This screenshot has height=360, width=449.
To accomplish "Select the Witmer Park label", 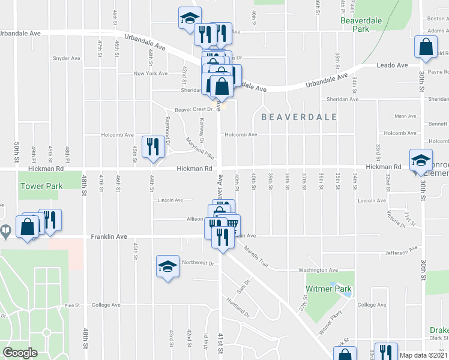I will tap(328, 289).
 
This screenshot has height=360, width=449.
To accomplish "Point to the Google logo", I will tap(20, 353).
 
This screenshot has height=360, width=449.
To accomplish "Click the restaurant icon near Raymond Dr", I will tap(152, 147).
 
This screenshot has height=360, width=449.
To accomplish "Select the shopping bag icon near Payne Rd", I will tap(426, 47).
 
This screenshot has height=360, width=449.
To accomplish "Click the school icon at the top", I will tap(190, 18).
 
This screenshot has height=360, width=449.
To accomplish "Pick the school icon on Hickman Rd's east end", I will tap(420, 160).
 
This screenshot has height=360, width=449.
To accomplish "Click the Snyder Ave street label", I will tap(67, 58).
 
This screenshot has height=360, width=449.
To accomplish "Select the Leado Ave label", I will tap(392, 65).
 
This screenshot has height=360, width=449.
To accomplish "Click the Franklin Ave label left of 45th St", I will tap(109, 237).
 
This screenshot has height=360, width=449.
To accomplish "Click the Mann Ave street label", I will tap(405, 116).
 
